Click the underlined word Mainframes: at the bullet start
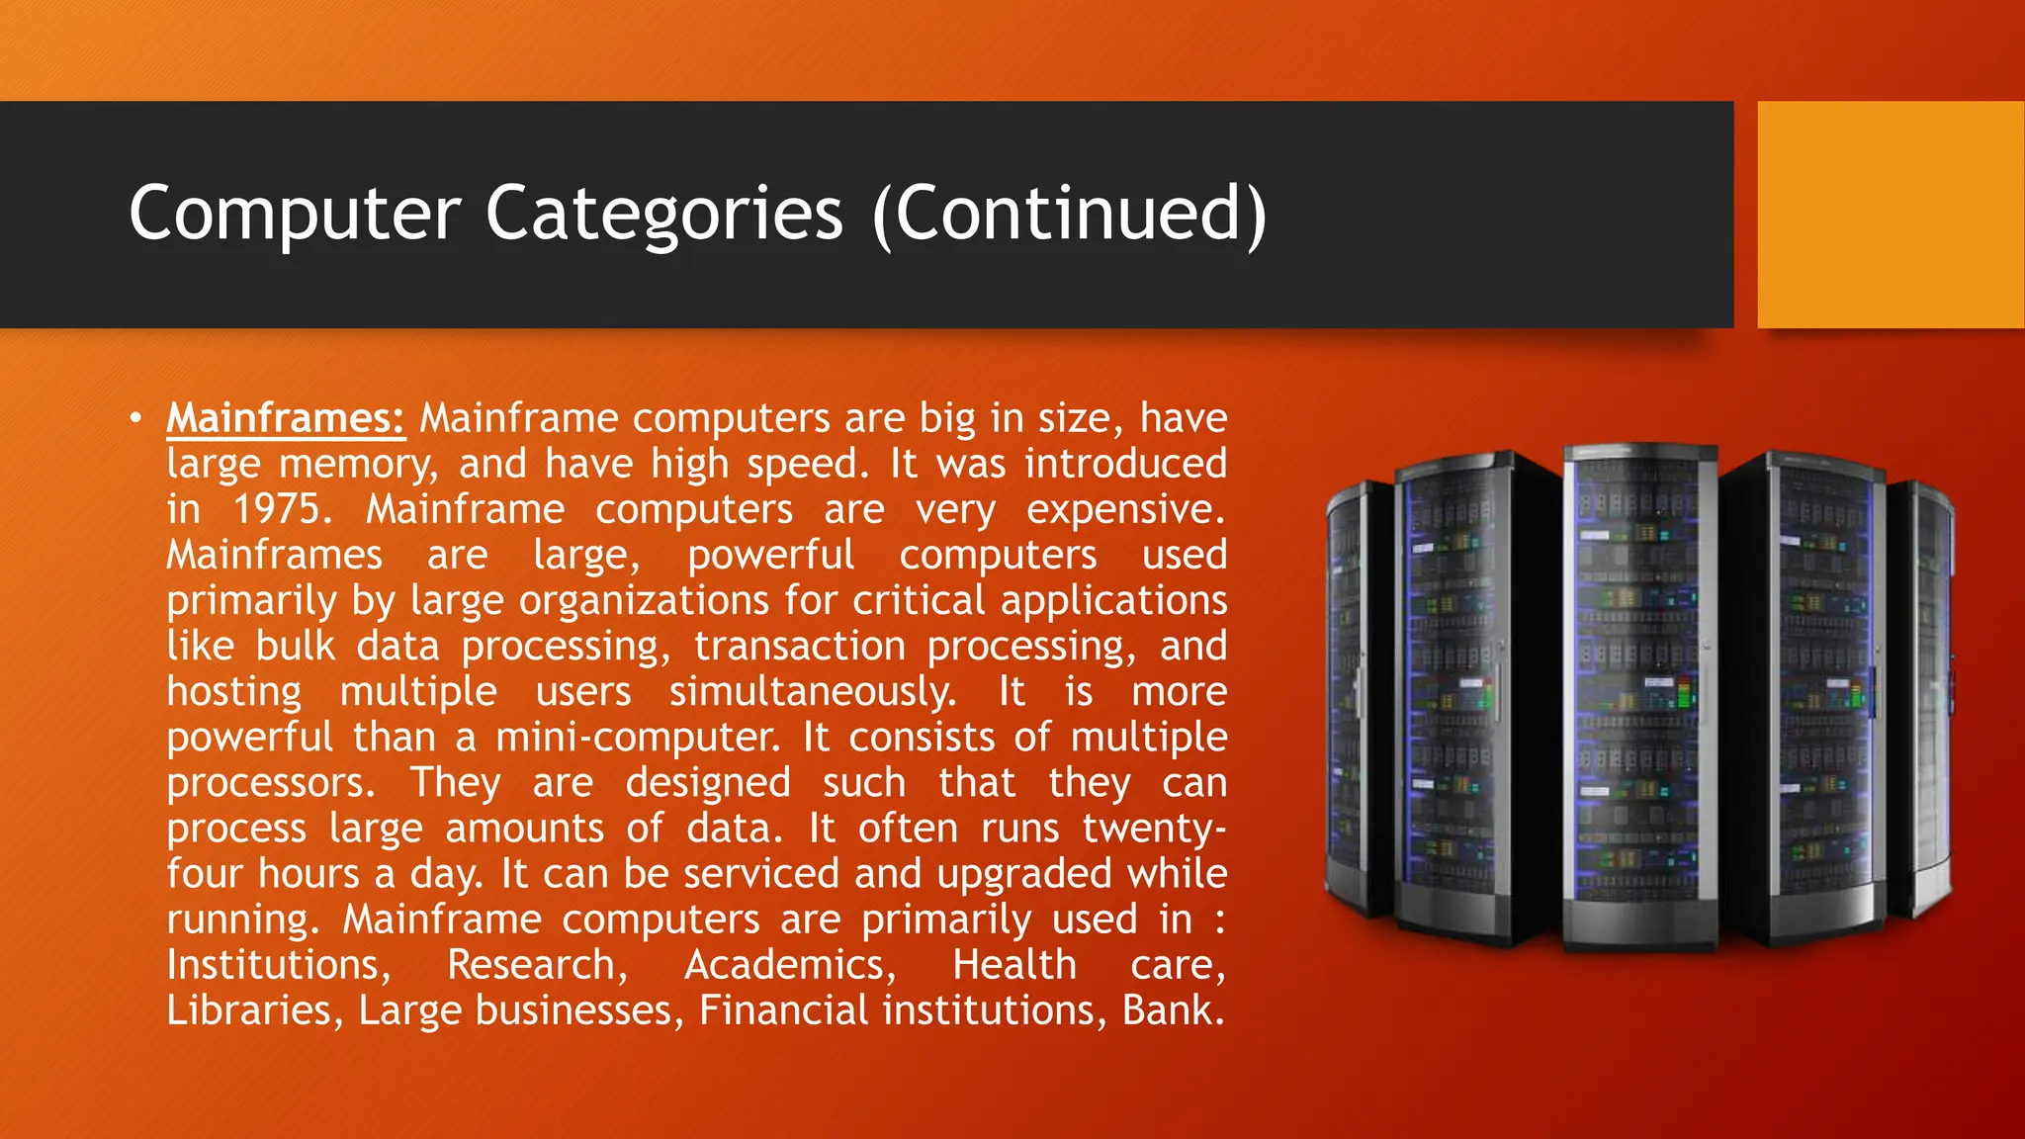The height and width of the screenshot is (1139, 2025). pyautogui.click(x=286, y=418)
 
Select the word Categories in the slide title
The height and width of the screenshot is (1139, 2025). pyautogui.click(x=663, y=213)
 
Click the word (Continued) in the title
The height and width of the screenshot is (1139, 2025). pyautogui.click(x=1070, y=215)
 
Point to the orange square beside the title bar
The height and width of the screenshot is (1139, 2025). pyautogui.click(x=1890, y=215)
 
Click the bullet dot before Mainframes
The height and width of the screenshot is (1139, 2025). pyautogui.click(x=135, y=418)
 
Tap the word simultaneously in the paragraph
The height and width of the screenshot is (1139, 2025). pyautogui.click(x=813, y=692)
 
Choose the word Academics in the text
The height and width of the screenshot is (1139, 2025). pyautogui.click(x=790, y=965)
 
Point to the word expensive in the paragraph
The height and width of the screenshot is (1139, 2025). pyautogui.click(x=1125, y=510)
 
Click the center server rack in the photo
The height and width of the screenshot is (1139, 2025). pyautogui.click(x=1639, y=692)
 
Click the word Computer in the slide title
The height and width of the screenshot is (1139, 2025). pyautogui.click(x=295, y=215)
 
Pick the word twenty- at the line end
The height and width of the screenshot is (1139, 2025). pyautogui.click(x=1154, y=829)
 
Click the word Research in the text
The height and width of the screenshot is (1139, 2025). pyautogui.click(x=537, y=965)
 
